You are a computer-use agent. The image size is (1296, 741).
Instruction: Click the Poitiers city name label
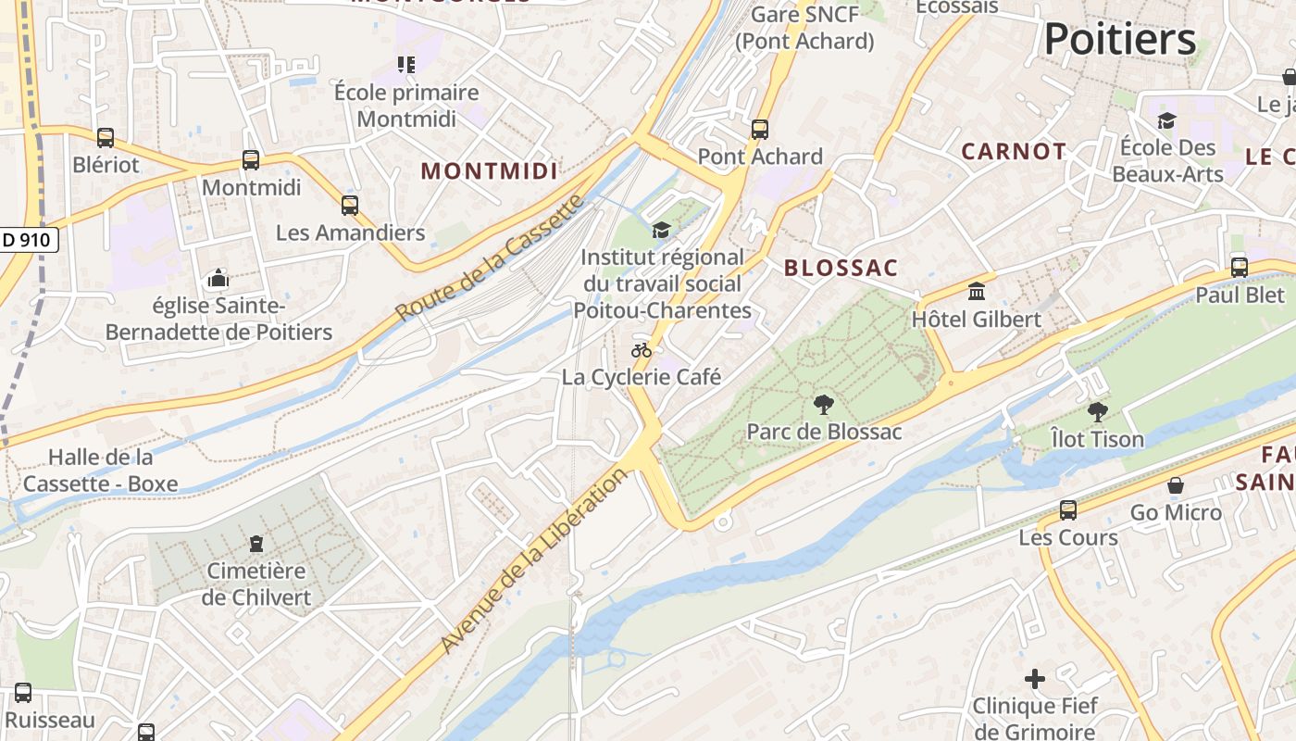(1120, 40)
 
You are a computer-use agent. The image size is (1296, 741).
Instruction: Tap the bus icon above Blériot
(106, 138)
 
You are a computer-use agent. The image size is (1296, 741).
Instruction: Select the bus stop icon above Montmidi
(251, 159)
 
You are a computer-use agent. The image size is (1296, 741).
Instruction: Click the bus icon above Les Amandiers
(349, 205)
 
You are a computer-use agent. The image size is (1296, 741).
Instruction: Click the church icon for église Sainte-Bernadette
(218, 278)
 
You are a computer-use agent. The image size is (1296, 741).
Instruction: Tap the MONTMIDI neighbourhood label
(490, 170)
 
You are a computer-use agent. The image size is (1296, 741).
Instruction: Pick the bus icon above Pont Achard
(760, 130)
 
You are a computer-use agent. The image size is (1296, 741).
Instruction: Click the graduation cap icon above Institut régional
(661, 230)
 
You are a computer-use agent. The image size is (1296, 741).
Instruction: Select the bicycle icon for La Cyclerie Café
(642, 350)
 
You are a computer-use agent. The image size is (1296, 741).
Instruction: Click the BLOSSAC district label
(841, 268)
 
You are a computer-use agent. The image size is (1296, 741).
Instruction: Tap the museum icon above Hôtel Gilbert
(976, 292)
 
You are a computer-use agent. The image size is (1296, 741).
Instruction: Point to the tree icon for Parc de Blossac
(823, 404)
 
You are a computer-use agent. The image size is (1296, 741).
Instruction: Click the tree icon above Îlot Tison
(1097, 411)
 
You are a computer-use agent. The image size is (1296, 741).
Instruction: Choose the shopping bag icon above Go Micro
(1175, 485)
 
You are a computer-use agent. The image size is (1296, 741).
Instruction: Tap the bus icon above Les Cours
(1067, 509)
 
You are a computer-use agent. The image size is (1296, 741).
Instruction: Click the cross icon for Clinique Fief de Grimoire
(1035, 679)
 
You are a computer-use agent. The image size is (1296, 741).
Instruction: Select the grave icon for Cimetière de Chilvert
(256, 544)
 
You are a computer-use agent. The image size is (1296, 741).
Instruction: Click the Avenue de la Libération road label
(534, 561)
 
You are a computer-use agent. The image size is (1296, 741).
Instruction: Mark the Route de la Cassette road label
(492, 257)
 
